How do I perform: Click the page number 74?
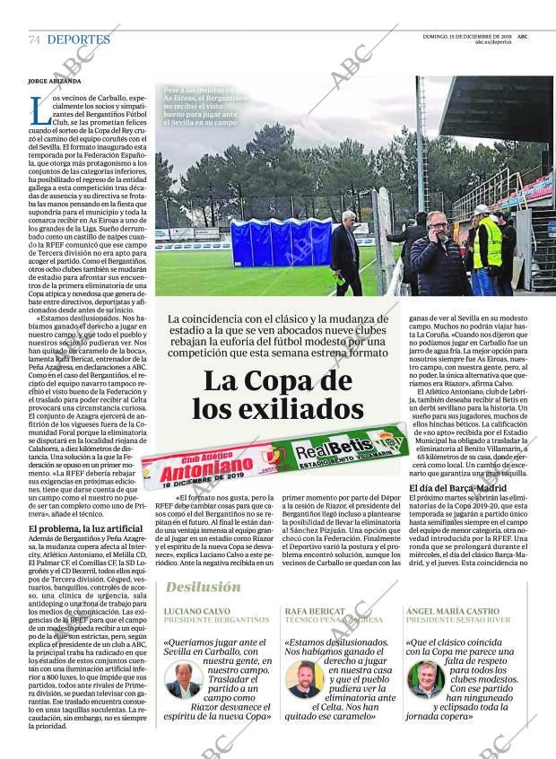(34, 39)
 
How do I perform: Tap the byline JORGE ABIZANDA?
(56, 81)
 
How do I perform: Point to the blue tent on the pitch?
(281, 242)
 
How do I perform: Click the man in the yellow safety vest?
(487, 249)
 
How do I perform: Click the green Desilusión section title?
(203, 587)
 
